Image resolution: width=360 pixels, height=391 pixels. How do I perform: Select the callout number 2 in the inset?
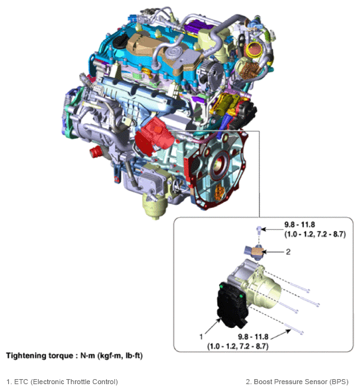click(288, 252)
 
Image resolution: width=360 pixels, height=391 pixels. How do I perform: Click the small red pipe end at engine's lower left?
click(95, 152)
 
